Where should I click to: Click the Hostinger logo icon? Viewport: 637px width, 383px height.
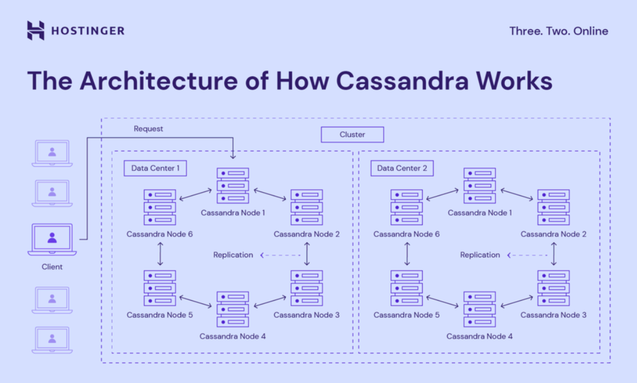click(36, 31)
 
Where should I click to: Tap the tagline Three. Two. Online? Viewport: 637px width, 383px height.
click(558, 31)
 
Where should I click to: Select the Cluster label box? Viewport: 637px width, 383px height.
click(352, 135)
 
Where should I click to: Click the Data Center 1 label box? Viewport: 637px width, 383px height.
click(156, 168)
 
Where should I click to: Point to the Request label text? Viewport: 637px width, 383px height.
click(148, 129)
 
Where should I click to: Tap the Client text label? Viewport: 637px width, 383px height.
click(52, 267)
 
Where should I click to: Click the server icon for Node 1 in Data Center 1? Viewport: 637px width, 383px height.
click(233, 186)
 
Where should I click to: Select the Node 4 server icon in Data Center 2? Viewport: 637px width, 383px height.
click(480, 310)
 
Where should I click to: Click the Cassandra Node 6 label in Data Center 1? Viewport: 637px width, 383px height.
click(159, 234)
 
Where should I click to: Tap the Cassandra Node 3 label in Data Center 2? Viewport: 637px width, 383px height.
click(553, 315)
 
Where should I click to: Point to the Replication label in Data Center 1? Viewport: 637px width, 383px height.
click(233, 255)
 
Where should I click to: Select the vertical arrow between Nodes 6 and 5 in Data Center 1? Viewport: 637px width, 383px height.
click(160, 253)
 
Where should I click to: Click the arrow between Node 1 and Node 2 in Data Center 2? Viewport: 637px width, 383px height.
click(518, 194)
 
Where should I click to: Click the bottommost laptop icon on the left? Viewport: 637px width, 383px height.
click(52, 340)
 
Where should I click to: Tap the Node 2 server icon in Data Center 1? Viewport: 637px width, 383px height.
click(307, 207)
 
